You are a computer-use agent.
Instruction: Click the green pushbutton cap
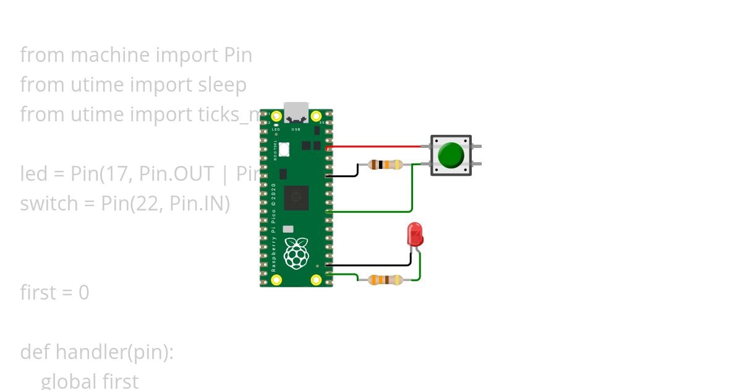coord(451,155)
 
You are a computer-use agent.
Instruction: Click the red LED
coord(415,235)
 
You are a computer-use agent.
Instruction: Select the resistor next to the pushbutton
coord(385,165)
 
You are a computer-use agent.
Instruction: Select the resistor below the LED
coord(385,280)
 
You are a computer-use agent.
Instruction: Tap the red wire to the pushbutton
coord(377,147)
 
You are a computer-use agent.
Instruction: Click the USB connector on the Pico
coord(296,112)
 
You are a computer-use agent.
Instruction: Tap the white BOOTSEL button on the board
coord(284,149)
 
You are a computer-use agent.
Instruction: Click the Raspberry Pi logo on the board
coord(296,253)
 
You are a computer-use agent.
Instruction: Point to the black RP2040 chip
coord(296,197)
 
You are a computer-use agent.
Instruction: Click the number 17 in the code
coord(111,174)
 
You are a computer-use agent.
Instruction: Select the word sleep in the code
coord(222,85)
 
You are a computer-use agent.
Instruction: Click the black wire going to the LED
coord(371,265)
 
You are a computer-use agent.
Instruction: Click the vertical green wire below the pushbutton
coord(412,189)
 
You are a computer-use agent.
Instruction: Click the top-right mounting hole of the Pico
coord(316,116)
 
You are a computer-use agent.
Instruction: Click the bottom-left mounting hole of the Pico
coord(277,280)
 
